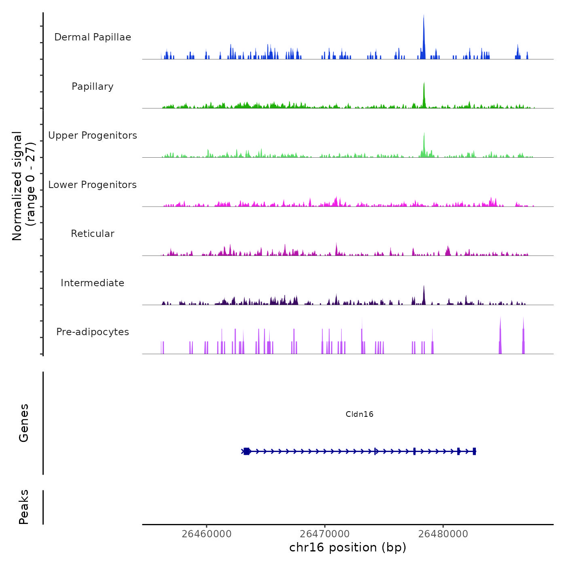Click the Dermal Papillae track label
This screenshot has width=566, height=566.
pyautogui.click(x=93, y=37)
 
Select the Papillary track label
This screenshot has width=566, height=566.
pyautogui.click(x=93, y=87)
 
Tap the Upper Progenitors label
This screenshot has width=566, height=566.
pyautogui.click(x=93, y=135)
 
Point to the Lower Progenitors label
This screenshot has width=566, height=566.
pyautogui.click(x=93, y=185)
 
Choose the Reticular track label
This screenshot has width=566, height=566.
pyautogui.click(x=93, y=234)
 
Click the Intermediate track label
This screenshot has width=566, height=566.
pyautogui.click(x=93, y=283)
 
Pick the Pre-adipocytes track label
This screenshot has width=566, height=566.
pyautogui.click(x=93, y=332)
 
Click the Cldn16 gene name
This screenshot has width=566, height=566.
pyautogui.click(x=359, y=414)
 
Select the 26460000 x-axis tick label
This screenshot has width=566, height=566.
pyautogui.click(x=207, y=534)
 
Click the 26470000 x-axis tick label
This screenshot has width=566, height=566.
pyautogui.click(x=325, y=534)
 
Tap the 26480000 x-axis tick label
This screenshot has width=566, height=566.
pyautogui.click(x=443, y=534)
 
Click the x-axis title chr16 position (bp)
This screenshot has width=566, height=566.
pyautogui.click(x=348, y=547)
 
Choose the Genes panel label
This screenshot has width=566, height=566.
pyautogui.click(x=23, y=423)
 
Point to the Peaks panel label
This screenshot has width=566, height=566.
pyautogui.click(x=23, y=507)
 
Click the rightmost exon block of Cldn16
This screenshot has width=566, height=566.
pyautogui.click(x=474, y=451)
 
